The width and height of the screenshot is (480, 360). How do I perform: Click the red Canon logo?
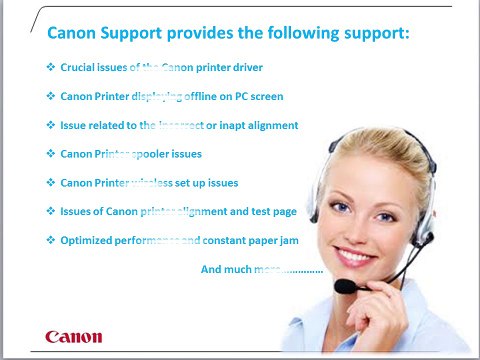73,335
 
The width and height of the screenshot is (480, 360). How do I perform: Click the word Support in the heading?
135,34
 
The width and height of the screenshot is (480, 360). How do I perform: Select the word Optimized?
89,241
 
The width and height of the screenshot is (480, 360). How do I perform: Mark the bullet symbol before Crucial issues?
51,68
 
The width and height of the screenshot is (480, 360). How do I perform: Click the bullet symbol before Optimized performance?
51,241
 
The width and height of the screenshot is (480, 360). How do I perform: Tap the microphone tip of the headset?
344,286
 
